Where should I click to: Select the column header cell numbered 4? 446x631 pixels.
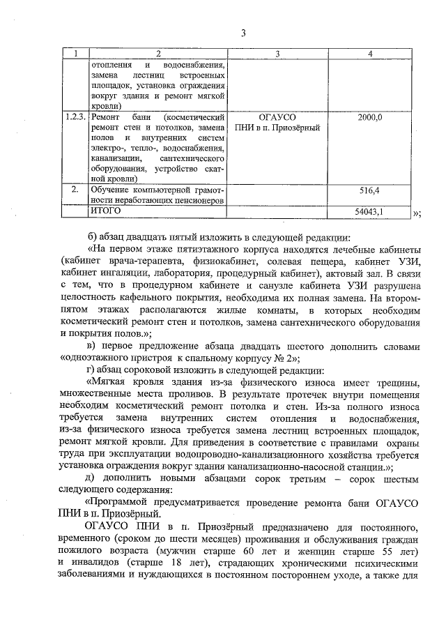[370, 54]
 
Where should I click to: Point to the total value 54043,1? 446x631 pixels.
[370, 210]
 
